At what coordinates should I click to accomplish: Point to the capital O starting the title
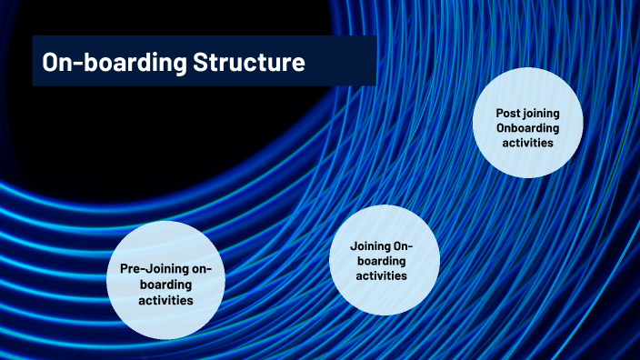coord(50,63)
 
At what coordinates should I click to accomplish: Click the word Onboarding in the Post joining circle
coord(527,128)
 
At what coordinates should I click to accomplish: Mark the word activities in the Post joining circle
coord(527,143)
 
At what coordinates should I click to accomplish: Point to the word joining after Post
coord(542,113)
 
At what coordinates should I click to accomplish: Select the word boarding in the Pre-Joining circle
coord(165,284)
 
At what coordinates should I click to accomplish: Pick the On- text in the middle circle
coord(403,245)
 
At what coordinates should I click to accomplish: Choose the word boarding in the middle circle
coord(382,260)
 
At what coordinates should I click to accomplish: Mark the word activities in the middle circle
coord(382,275)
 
